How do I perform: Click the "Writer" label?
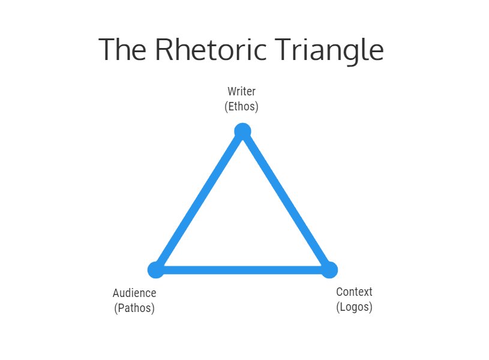click(241, 92)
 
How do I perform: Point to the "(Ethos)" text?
click(241, 107)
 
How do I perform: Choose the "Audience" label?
click(134, 293)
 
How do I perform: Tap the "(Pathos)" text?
click(134, 308)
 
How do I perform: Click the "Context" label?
click(354, 292)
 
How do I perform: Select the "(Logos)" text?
click(354, 307)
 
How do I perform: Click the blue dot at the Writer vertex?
click(242, 131)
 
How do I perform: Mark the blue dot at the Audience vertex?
click(156, 270)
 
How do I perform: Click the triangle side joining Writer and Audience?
click(199, 200)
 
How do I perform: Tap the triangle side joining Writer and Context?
click(286, 200)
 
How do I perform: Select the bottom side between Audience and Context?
click(242, 270)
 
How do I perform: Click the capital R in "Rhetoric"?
click(166, 50)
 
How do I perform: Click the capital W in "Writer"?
click(232, 92)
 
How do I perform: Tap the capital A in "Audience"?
click(116, 293)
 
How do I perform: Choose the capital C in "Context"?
click(339, 292)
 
